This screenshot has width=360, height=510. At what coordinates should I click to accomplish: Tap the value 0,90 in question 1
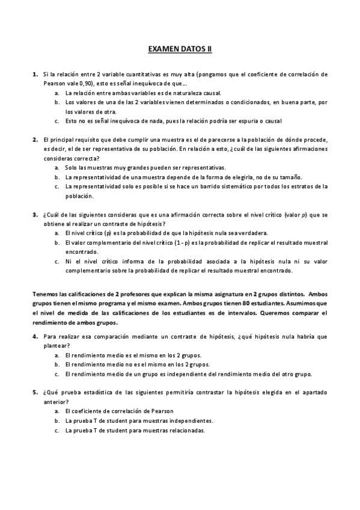tap(71, 84)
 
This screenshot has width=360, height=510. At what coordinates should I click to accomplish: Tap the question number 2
tap(35, 139)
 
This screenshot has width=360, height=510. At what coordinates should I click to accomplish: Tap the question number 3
tap(35, 214)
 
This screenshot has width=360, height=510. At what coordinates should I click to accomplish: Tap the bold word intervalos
tap(242, 313)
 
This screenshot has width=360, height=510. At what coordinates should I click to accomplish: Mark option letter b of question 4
tap(56, 364)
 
